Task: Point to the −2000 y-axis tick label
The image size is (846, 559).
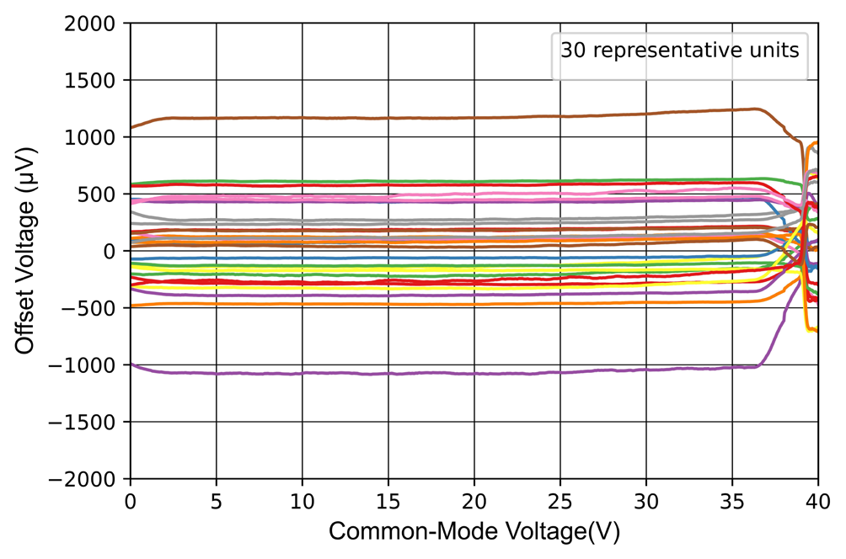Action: [x=92, y=479]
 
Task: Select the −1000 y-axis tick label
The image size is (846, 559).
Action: [x=92, y=365]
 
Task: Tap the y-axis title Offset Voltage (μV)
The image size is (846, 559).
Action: [x=27, y=252]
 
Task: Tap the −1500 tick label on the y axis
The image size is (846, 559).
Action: [x=92, y=422]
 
